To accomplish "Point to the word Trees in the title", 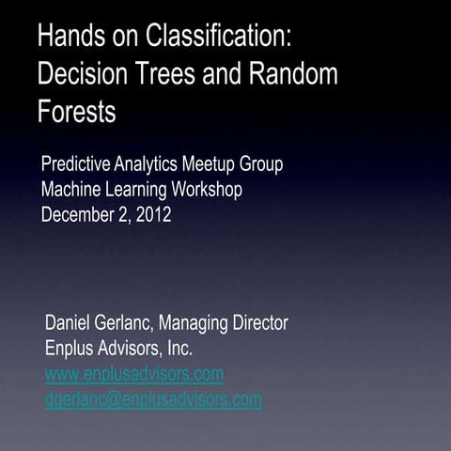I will tap(174, 74).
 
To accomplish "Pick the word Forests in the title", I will tap(77, 111).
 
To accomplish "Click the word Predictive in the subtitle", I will tap(76, 165).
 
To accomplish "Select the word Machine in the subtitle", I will tap(72, 189).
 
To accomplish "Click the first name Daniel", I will tap(70, 323).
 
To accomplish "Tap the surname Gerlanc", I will tap(127, 323).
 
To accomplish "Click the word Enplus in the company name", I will tap(71, 349).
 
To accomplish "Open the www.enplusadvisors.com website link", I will tap(134, 374).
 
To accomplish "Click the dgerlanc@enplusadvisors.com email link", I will tap(153, 398).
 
